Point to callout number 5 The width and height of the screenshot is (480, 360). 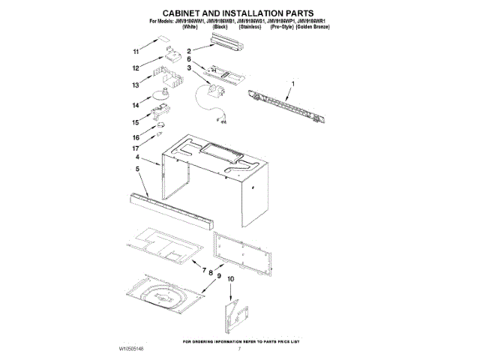click(x=137, y=170)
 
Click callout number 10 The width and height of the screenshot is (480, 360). click(x=231, y=279)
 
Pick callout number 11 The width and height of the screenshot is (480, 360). click(x=136, y=52)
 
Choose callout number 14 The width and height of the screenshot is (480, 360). click(x=136, y=106)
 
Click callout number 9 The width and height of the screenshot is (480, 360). click(x=219, y=276)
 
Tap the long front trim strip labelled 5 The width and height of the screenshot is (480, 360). click(x=169, y=211)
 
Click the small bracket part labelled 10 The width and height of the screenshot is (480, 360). click(x=232, y=313)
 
